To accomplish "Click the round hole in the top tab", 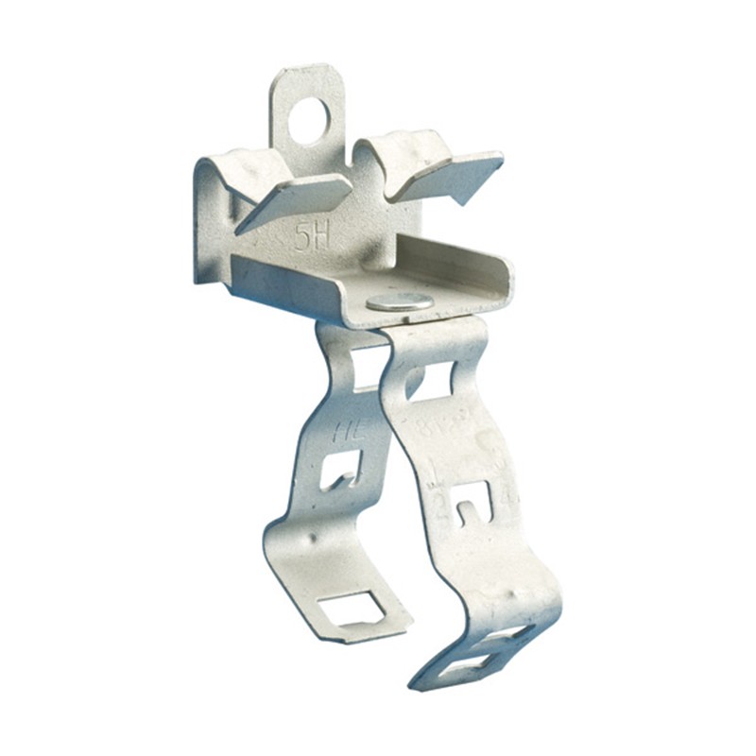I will click(309, 121).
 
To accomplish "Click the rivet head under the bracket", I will click(400, 301).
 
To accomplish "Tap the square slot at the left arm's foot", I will click(351, 608).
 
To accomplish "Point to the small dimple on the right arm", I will click(485, 439).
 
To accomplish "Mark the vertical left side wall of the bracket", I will click(211, 227).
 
